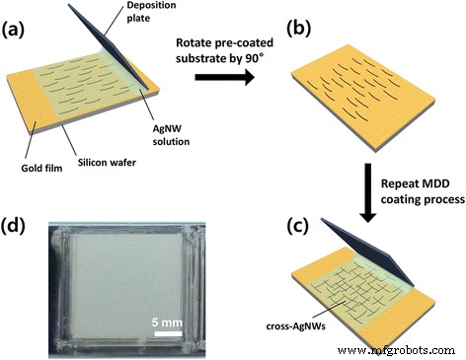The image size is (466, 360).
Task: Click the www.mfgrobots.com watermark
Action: pos(405,349)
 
